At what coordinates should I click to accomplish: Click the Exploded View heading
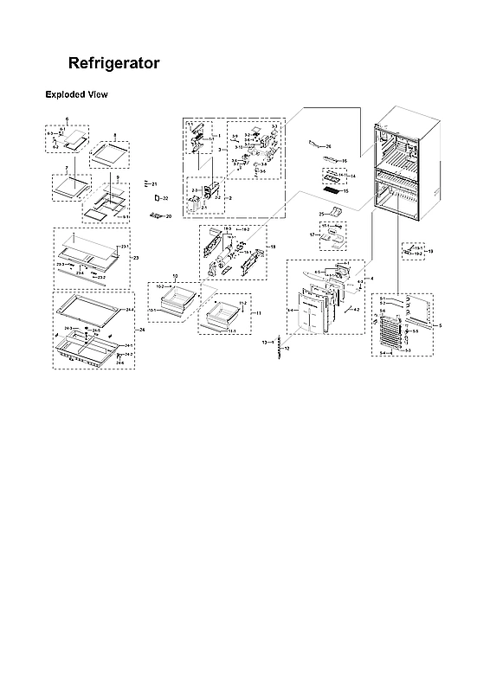75,94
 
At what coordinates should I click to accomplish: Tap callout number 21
154,184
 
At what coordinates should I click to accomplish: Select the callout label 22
165,199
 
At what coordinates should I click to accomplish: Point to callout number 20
169,215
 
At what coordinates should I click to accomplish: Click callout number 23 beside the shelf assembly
135,257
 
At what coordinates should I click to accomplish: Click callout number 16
344,161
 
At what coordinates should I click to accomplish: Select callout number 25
320,213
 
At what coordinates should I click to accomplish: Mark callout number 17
313,234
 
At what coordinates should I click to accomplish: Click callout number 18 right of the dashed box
273,247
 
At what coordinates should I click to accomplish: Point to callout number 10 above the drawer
175,276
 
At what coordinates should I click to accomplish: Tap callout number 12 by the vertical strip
287,348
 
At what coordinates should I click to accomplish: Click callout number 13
264,343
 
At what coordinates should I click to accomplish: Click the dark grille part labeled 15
329,188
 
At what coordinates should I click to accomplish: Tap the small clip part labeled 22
155,199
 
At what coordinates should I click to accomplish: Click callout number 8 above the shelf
115,135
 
